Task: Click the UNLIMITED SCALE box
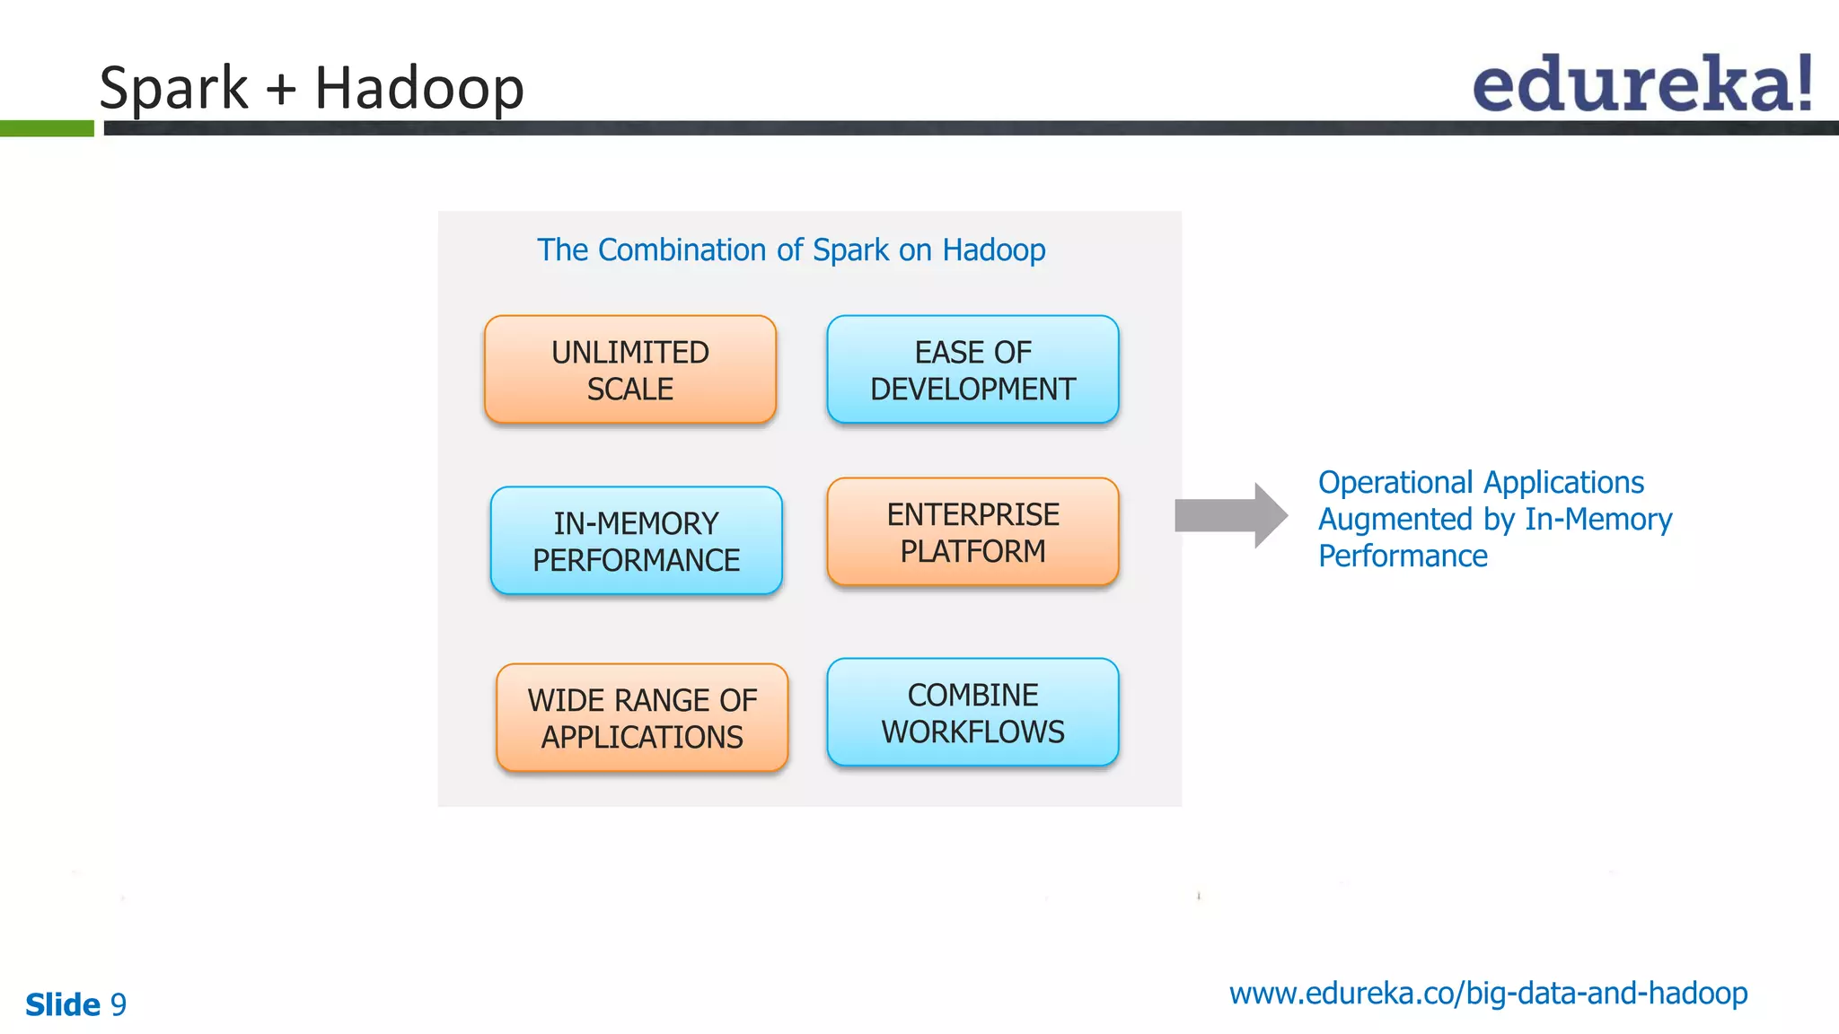(629, 370)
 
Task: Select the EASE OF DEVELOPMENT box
(972, 370)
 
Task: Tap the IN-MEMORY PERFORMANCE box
(636, 541)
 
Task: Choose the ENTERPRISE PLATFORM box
(972, 532)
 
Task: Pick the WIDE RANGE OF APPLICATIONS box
(642, 718)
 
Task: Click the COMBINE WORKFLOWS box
(972, 713)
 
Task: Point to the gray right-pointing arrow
(1230, 515)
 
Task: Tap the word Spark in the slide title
(172, 88)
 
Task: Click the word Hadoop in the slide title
(418, 88)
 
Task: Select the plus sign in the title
(281, 90)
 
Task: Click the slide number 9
(118, 1004)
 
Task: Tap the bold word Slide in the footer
(63, 1004)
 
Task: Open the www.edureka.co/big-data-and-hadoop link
(1488, 994)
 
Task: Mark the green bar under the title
(47, 128)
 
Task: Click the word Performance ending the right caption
(1403, 556)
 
